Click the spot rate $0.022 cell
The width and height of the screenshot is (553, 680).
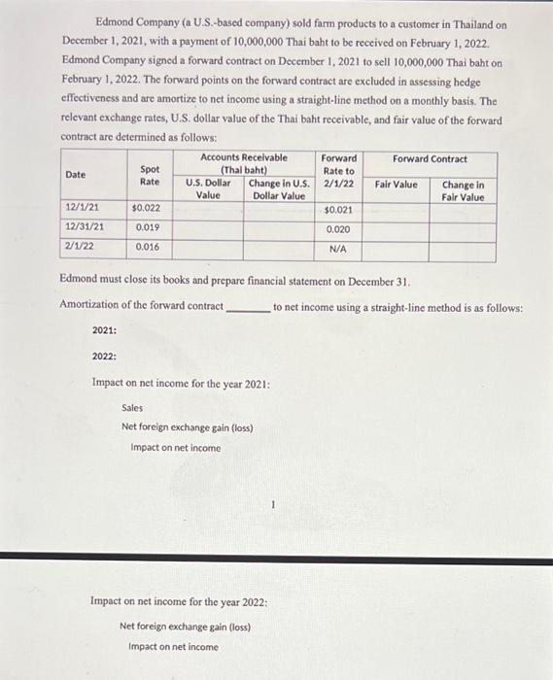[x=146, y=208]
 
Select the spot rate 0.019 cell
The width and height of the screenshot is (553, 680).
[x=148, y=227]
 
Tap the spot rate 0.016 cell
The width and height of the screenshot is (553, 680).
[x=148, y=247]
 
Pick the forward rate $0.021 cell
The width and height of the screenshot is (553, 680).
[x=338, y=210]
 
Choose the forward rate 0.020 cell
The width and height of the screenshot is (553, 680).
[x=338, y=229]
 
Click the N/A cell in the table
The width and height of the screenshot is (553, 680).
[x=338, y=249]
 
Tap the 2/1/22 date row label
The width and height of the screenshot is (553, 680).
[x=79, y=247]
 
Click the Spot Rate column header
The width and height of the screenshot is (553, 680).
[x=150, y=176]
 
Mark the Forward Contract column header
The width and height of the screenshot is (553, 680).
[x=430, y=159]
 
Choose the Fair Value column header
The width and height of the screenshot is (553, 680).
[x=397, y=185]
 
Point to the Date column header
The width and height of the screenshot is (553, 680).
[x=75, y=175]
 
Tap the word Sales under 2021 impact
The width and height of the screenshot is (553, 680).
[x=132, y=409]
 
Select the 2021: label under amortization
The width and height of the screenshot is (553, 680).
[x=105, y=330]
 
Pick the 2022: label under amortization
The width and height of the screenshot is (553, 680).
[x=105, y=357]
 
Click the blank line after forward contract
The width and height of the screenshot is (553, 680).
[x=247, y=307]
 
